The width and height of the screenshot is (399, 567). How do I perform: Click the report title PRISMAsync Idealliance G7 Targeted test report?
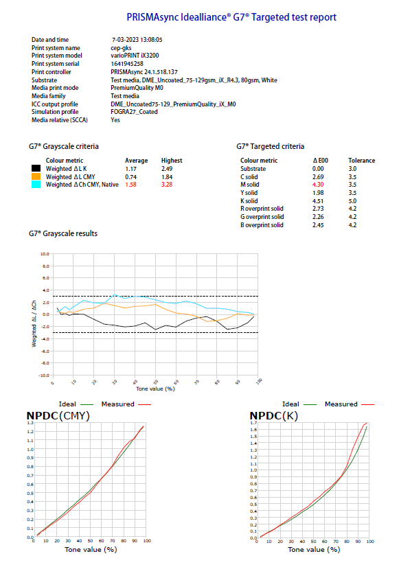(x=231, y=17)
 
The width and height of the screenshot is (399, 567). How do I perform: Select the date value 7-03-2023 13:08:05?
(x=137, y=40)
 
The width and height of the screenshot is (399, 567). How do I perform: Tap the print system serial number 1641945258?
(x=127, y=64)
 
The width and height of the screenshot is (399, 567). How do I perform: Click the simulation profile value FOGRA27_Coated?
(x=134, y=112)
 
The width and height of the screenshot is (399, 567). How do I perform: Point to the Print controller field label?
(x=52, y=71)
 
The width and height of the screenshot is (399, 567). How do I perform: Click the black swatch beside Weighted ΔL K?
(x=36, y=168)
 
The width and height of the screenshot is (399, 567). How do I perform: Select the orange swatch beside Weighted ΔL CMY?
(x=36, y=176)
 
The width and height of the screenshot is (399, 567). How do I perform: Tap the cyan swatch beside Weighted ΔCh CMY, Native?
(x=36, y=185)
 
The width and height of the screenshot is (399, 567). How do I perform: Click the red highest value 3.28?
(x=167, y=185)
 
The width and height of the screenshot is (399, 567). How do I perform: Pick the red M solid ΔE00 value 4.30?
(x=318, y=185)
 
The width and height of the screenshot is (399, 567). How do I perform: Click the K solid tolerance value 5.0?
(x=352, y=201)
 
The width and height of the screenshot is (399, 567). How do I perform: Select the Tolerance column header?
(x=362, y=160)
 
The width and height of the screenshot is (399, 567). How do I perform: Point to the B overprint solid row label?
(x=262, y=225)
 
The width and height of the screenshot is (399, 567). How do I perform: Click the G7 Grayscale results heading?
(x=63, y=233)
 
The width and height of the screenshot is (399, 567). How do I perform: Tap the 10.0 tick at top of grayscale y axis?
(x=45, y=254)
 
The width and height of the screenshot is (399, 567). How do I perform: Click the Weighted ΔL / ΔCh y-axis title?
(x=34, y=323)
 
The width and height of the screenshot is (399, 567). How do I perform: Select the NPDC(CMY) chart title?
(x=58, y=416)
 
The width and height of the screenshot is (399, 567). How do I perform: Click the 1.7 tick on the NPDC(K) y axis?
(x=253, y=422)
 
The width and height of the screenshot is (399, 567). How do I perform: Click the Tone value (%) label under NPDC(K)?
(x=314, y=550)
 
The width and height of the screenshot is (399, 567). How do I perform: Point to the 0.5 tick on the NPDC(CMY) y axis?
(x=30, y=493)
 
